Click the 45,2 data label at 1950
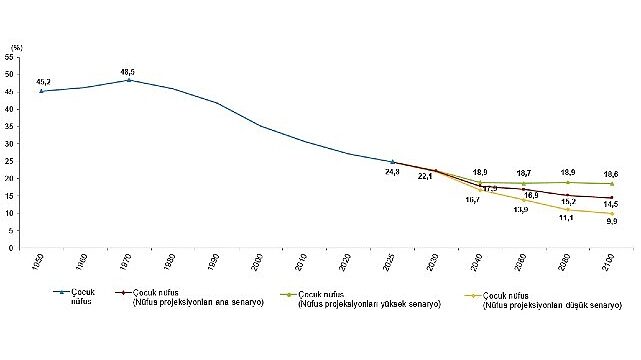(x=44, y=82)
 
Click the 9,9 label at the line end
(x=611, y=222)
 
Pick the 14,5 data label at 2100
(x=611, y=205)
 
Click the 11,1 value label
(x=567, y=217)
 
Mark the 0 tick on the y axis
(x=10, y=248)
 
